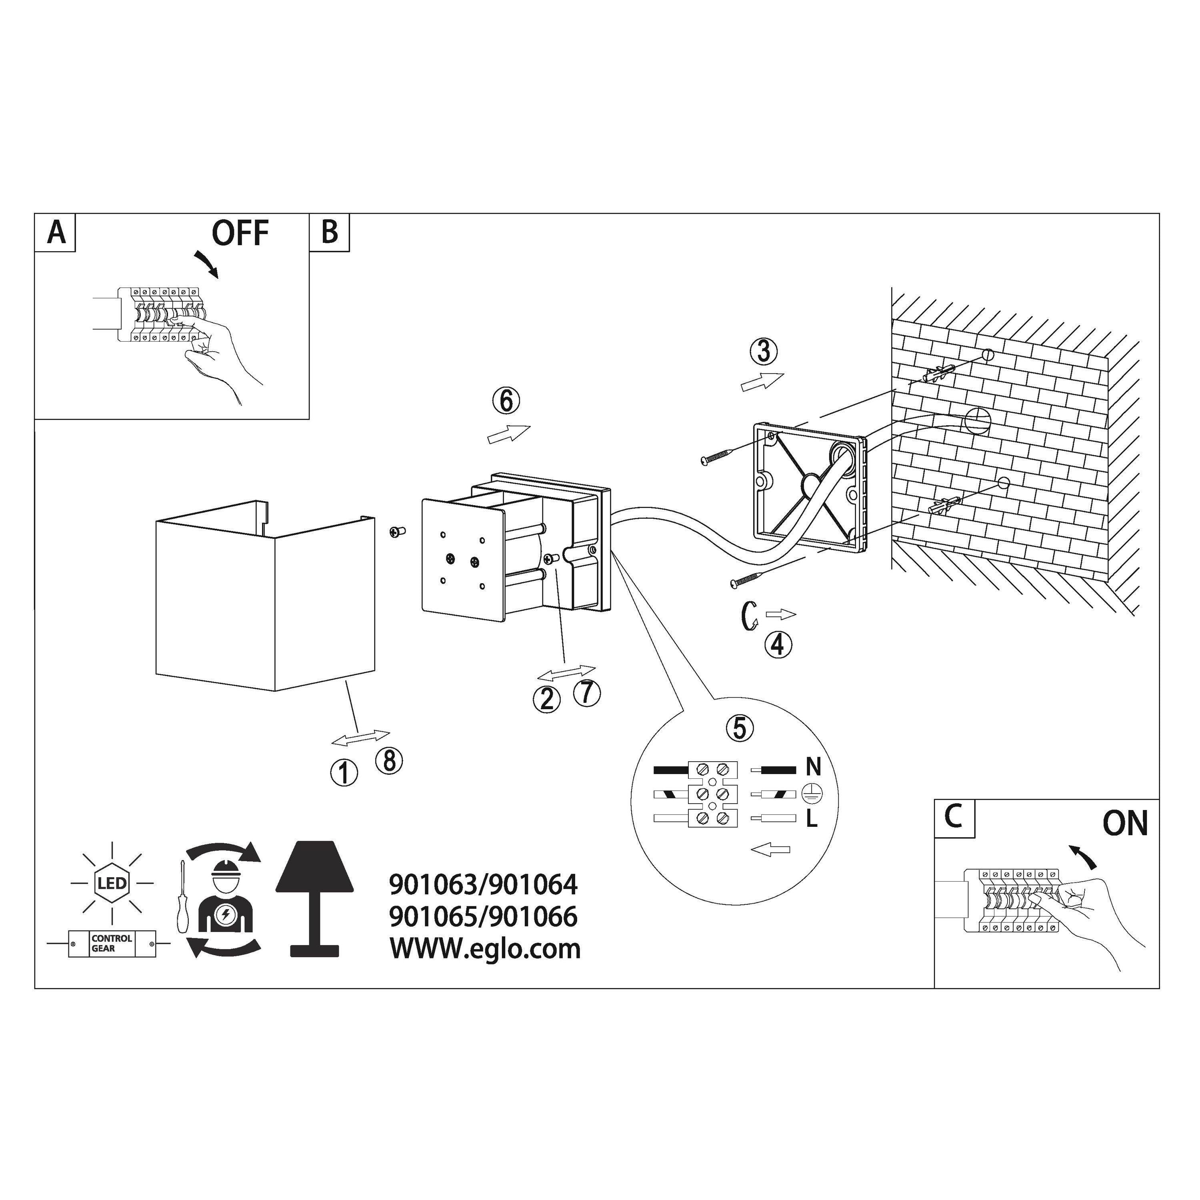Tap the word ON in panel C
pyautogui.click(x=1125, y=824)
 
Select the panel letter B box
pyautogui.click(x=329, y=232)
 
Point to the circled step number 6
pyautogui.click(x=506, y=401)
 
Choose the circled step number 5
pyautogui.click(x=739, y=728)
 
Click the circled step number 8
pyautogui.click(x=390, y=760)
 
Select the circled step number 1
pyautogui.click(x=344, y=773)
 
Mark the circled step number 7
pyautogui.click(x=587, y=692)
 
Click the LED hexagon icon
pyautogui.click(x=112, y=883)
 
